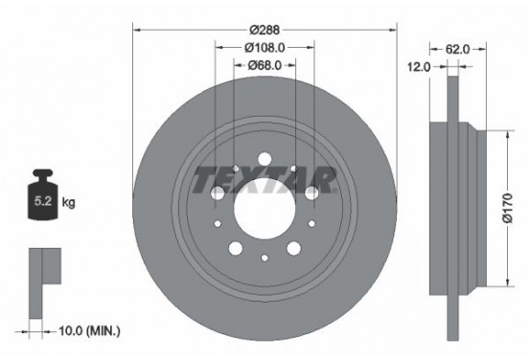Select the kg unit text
click(67, 204)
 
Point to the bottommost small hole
click(264, 259)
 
